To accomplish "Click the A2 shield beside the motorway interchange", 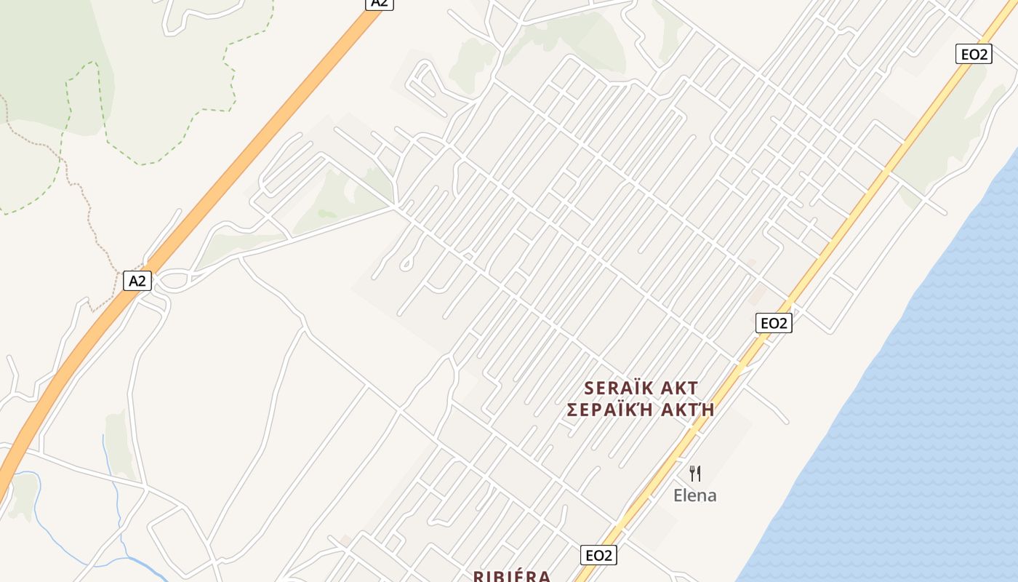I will pos(137,281).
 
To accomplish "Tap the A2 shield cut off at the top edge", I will pos(379,3).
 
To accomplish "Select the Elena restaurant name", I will pos(694,495).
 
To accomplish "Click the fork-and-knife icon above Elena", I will pos(695,474).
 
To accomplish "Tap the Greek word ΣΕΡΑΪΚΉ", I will pos(607,410).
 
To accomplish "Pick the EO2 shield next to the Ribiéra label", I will pos(598,555).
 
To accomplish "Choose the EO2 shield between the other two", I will pos(774,323).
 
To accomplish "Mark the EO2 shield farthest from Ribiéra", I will pos(974,54).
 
